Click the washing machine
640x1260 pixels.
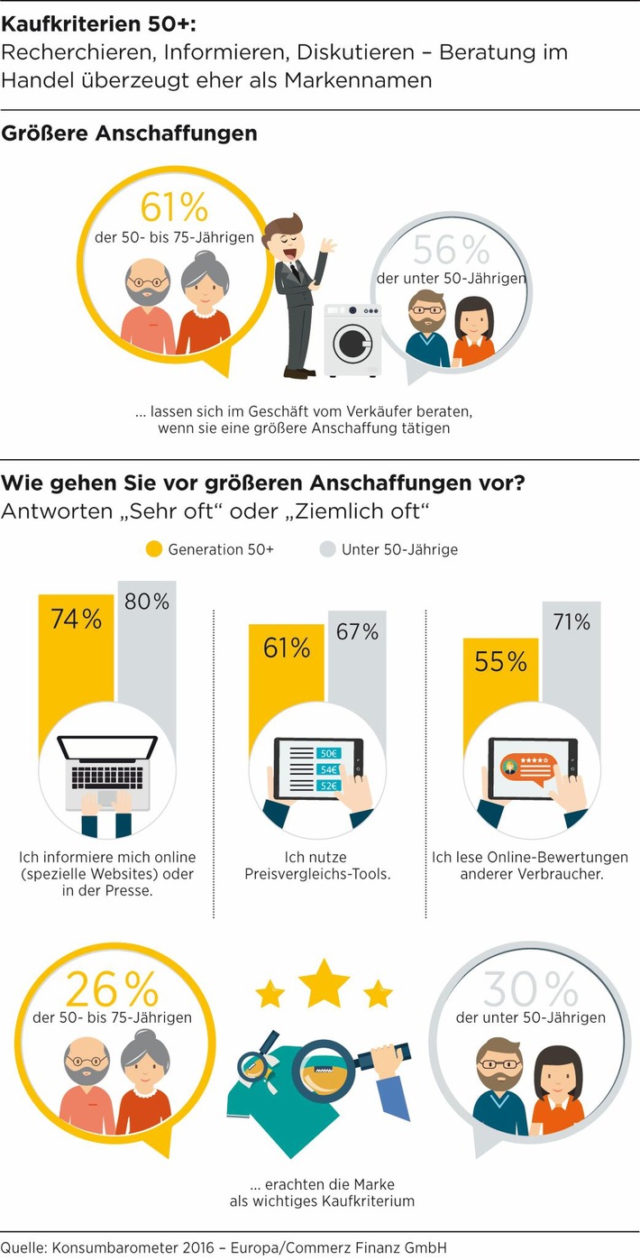click(x=352, y=339)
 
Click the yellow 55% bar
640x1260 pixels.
click(x=500, y=685)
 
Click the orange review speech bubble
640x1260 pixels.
click(x=526, y=768)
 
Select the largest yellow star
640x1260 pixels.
click(x=324, y=983)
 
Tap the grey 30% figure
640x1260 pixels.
click(x=530, y=990)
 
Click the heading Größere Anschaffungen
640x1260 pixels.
click(x=130, y=133)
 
